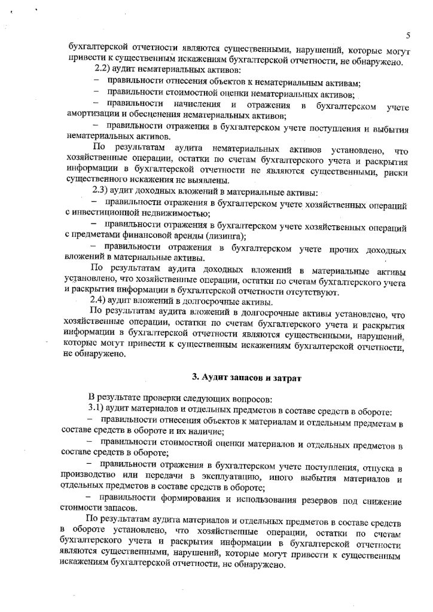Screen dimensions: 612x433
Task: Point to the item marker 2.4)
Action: (x=98, y=300)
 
